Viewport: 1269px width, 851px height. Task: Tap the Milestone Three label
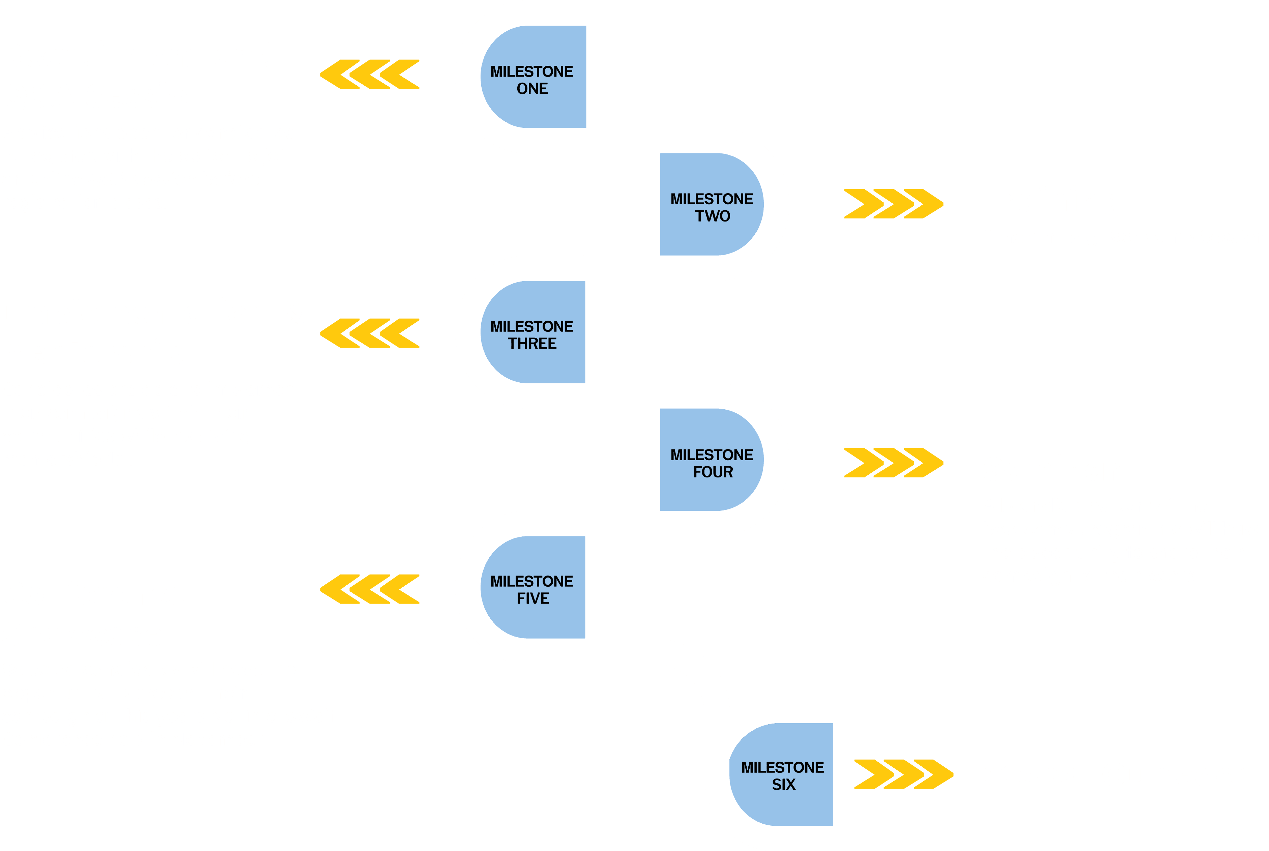[531, 334]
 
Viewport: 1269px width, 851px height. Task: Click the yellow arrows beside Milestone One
[370, 75]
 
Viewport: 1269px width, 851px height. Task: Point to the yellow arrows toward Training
[893, 204]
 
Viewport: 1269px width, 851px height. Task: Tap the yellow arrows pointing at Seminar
[893, 462]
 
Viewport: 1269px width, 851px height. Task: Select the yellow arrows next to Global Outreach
[903, 774]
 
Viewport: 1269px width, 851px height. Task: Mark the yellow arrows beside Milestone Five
[370, 589]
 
